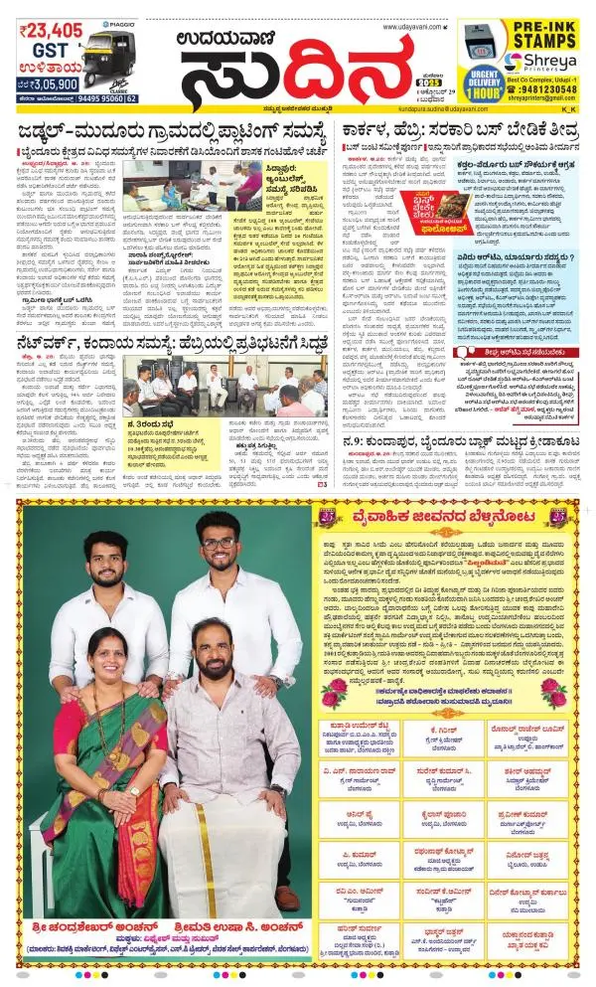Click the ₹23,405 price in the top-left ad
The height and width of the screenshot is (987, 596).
tap(51, 31)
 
